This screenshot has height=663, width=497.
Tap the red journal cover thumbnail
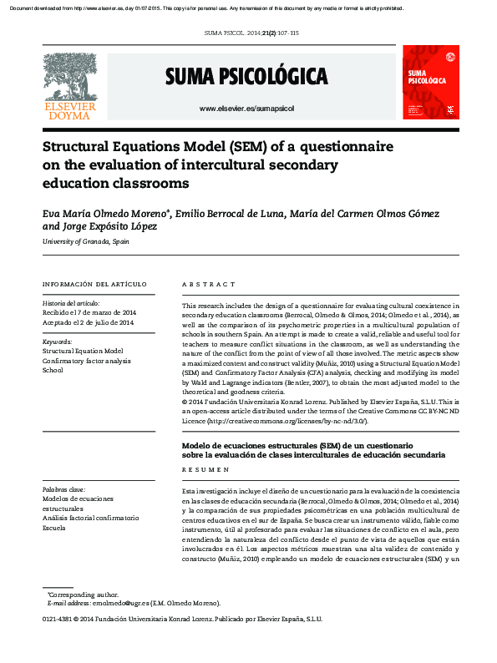[430, 82]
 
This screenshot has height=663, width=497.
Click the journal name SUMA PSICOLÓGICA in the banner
[246, 78]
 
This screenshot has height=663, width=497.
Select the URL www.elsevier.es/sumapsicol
[246, 109]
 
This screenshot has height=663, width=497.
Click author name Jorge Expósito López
[110, 226]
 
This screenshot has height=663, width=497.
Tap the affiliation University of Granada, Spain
[86, 241]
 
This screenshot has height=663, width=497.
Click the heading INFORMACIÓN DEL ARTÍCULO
[94, 284]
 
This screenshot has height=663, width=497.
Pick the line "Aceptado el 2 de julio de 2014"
[88, 322]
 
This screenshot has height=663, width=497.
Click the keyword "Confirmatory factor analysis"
[87, 360]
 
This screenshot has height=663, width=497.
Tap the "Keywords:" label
[58, 341]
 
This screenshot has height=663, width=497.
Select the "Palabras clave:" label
[64, 489]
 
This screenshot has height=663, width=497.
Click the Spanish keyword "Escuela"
[54, 529]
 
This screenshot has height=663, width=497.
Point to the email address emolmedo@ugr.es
[121, 602]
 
